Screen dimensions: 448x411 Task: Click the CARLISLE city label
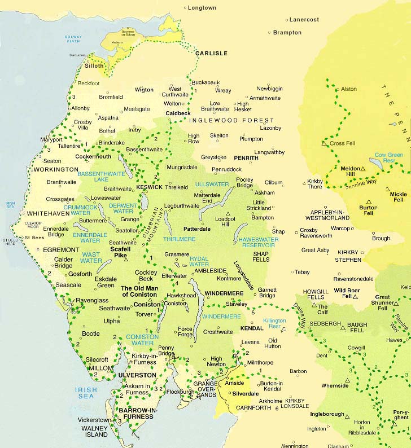pyautogui.click(x=211, y=54)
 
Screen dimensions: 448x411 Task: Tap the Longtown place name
pyautogui.click(x=202, y=8)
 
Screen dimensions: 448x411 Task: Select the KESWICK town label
pyautogui.click(x=150, y=187)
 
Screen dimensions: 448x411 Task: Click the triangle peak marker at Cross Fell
pyautogui.click(x=324, y=144)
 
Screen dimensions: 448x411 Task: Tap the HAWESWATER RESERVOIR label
pyautogui.click(x=259, y=243)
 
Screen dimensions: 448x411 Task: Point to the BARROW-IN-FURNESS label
pyautogui.click(x=135, y=413)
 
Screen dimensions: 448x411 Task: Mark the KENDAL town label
pyautogui.click(x=251, y=328)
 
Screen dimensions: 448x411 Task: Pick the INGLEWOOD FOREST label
pyautogui.click(x=231, y=121)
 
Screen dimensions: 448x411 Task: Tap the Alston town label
pyautogui.click(x=348, y=89)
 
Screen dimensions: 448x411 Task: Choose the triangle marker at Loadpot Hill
pyautogui.click(x=228, y=214)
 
